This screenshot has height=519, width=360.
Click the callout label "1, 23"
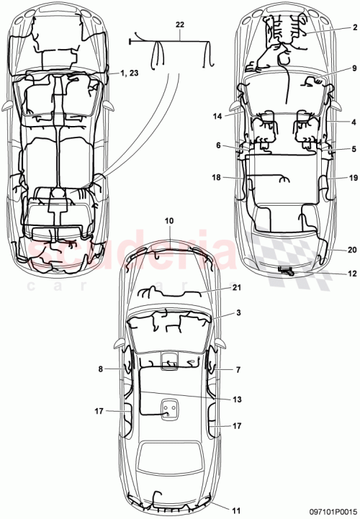131,73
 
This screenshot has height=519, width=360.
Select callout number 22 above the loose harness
179,24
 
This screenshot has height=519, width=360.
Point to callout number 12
352,274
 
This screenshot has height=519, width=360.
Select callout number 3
238,315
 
